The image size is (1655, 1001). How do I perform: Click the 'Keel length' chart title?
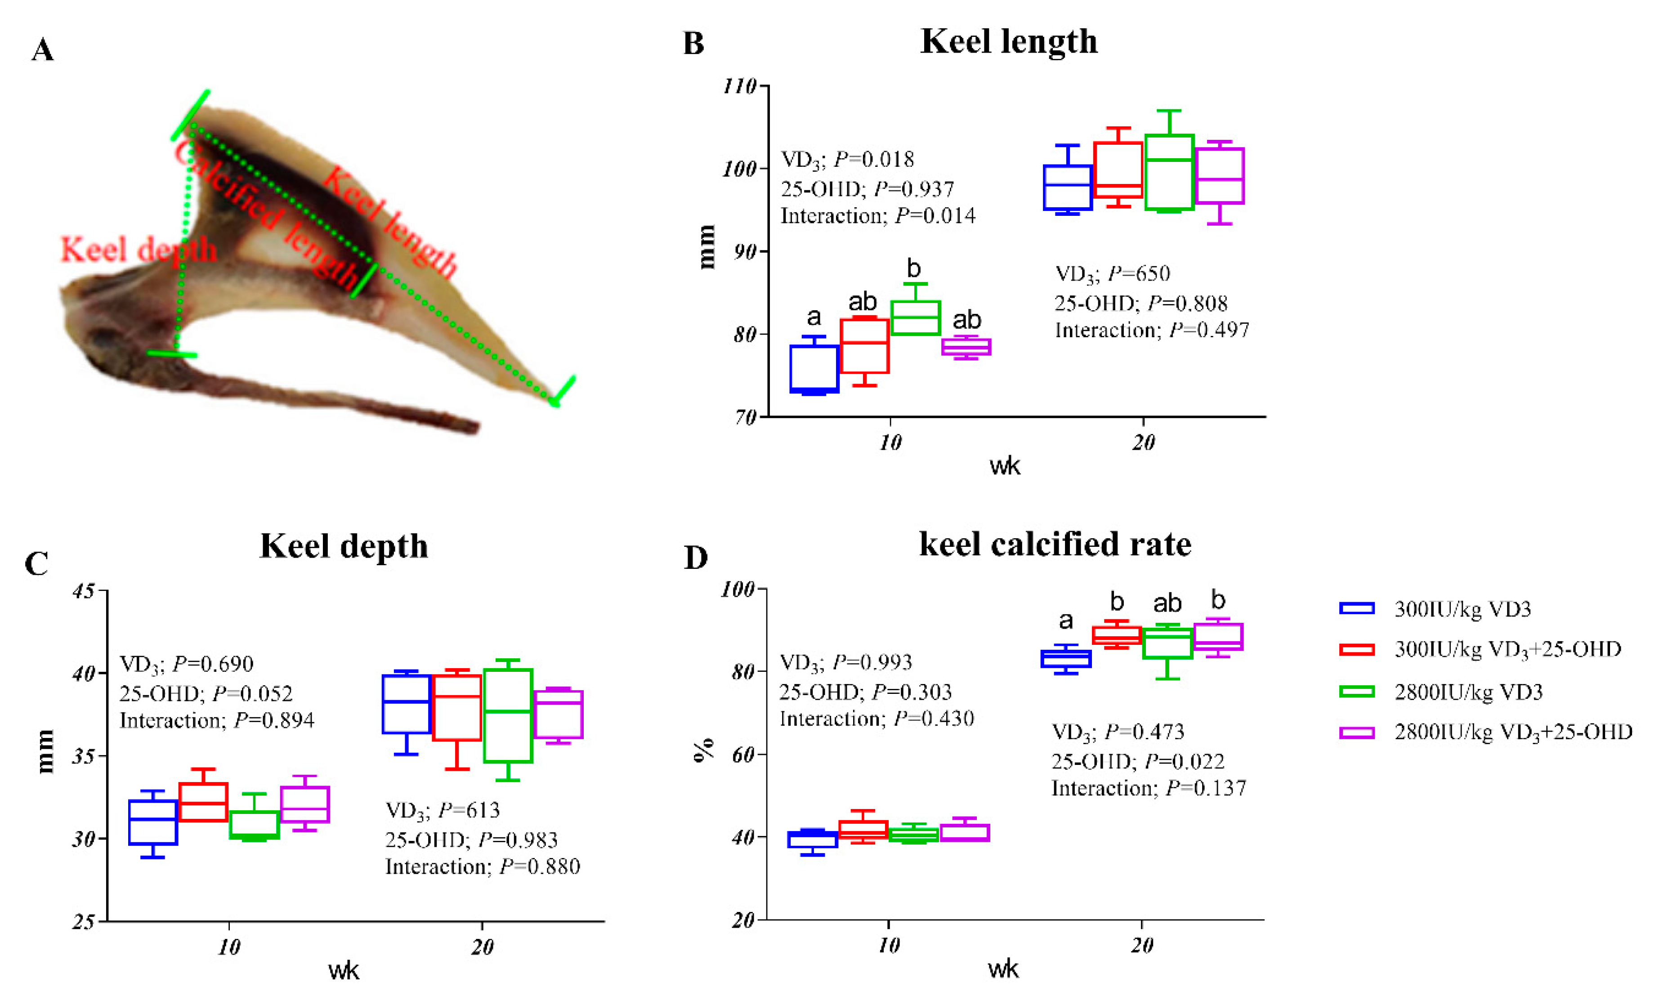point(1009,42)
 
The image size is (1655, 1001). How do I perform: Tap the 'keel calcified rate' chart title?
point(1055,544)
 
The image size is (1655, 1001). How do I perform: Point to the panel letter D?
point(695,558)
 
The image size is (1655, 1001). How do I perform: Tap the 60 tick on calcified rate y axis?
point(743,755)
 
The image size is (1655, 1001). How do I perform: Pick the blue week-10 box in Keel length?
point(814,369)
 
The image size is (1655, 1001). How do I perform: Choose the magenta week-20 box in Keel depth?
point(558,714)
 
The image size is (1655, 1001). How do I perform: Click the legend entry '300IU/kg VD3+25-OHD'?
point(1507,649)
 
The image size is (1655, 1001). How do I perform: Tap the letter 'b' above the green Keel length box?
point(913,269)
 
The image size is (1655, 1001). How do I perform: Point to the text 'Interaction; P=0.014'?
point(877,216)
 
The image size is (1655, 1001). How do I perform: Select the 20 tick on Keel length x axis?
point(1143,442)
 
